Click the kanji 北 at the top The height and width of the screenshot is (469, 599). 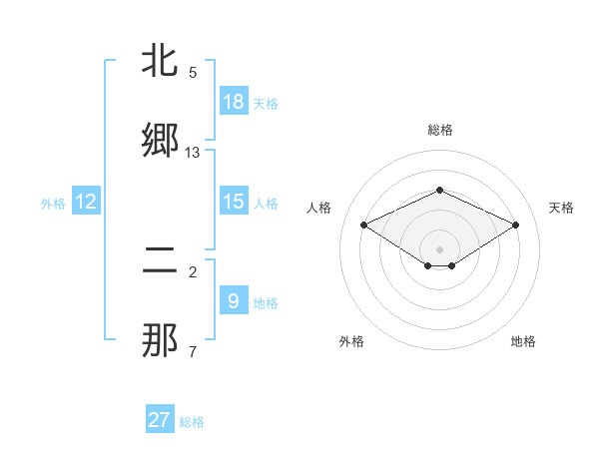point(161,62)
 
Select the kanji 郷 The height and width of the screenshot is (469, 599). point(161,141)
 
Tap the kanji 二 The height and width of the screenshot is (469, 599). point(161,262)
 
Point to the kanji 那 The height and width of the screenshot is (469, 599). point(161,341)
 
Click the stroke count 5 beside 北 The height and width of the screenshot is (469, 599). point(193,73)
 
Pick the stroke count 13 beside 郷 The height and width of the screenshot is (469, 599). point(193,153)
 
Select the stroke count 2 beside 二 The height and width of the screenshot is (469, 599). point(193,272)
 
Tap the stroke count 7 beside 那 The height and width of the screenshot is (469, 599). point(193,352)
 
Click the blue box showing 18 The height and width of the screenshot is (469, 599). point(234,102)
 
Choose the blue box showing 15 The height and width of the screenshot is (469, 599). point(234,202)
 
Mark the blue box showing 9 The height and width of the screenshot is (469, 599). point(234,301)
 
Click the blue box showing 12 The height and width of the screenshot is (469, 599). point(86,202)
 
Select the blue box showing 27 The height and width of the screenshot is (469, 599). point(160,420)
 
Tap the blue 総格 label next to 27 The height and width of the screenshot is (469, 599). point(192,422)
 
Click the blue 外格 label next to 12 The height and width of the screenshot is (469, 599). point(53,204)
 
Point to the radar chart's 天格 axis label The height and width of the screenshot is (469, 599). point(561,208)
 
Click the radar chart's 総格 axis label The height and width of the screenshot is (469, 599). point(440,130)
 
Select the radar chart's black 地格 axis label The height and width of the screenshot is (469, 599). point(523,341)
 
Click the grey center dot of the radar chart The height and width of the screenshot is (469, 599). point(440,248)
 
